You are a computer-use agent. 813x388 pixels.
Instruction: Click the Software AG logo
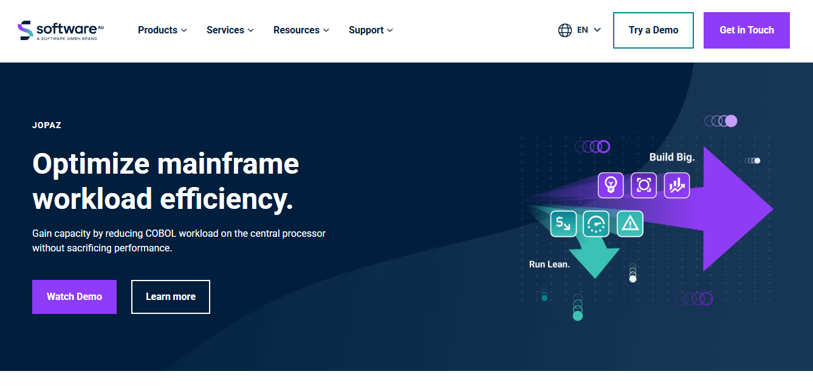(61, 30)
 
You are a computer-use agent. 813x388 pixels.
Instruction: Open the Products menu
(162, 30)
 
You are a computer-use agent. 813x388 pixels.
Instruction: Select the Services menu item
(230, 30)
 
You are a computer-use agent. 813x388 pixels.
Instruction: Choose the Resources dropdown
(301, 30)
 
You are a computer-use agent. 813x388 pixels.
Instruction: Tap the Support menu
(371, 30)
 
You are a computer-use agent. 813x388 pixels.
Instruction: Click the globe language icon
(564, 30)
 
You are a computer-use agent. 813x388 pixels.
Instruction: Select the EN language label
(583, 30)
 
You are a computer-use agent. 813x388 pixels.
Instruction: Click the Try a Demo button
(653, 30)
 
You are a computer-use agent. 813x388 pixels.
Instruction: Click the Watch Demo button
(74, 297)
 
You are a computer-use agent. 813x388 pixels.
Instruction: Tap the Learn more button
(171, 297)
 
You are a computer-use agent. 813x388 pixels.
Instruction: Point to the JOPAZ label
(47, 125)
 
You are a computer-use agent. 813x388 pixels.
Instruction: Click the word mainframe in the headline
(228, 164)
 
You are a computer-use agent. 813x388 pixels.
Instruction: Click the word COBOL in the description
(161, 233)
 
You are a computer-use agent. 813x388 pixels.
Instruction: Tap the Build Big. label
(672, 157)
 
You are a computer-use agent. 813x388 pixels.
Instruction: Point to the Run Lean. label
(549, 264)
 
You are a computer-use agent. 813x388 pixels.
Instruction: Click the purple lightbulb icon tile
(611, 185)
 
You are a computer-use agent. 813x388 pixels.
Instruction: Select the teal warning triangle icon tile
(630, 223)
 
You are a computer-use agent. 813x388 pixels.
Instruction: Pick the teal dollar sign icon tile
(563, 223)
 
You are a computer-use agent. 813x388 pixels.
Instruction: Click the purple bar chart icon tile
(677, 185)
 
